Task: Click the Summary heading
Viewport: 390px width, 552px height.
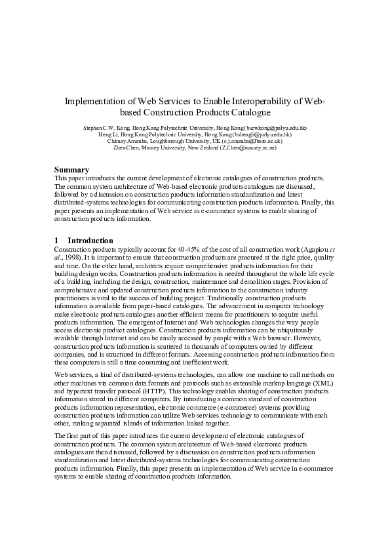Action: click(x=71, y=170)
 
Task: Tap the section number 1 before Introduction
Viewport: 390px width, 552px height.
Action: click(x=57, y=241)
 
